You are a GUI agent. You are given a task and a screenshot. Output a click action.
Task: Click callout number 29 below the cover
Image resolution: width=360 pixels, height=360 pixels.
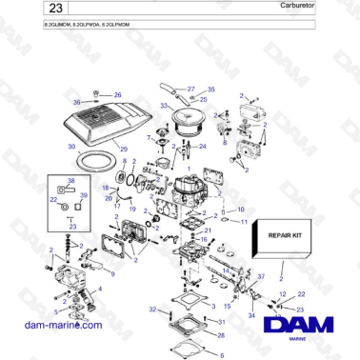tap(123, 151)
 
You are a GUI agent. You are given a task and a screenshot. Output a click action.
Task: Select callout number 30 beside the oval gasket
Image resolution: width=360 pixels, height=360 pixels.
tap(70, 147)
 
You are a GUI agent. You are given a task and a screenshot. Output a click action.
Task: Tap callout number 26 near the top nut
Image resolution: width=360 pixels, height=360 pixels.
tap(117, 95)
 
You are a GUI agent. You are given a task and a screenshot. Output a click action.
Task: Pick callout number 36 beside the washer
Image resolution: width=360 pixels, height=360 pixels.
tap(78, 102)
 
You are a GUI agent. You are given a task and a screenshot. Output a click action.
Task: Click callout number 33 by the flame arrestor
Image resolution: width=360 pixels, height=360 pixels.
tap(164, 105)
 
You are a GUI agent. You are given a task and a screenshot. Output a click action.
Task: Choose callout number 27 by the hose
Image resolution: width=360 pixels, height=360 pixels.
tap(190, 88)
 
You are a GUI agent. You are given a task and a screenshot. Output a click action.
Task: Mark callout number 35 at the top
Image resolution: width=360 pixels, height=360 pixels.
tap(211, 89)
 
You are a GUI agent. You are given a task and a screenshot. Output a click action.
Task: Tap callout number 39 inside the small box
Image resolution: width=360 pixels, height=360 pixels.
tap(83, 195)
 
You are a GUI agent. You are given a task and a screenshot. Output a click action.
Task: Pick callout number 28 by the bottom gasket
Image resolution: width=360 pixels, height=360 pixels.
tap(221, 335)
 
